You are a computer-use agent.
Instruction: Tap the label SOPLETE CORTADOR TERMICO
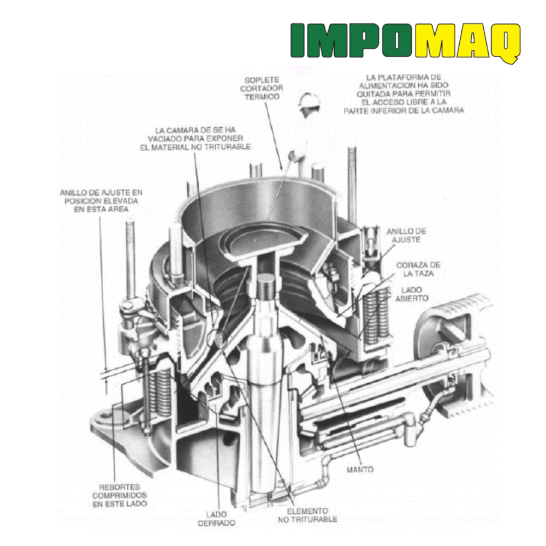[x=262, y=88]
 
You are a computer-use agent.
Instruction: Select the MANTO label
[x=360, y=470]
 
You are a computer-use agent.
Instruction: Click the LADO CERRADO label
[x=216, y=519]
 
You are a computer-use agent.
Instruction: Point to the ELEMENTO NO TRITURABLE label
[x=307, y=515]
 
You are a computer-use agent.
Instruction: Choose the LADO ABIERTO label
[x=412, y=294]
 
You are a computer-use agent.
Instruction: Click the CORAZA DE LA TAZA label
[x=418, y=269]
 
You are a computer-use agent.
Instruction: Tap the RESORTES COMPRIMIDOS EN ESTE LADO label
[x=120, y=495]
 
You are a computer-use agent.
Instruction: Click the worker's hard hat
[x=308, y=100]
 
